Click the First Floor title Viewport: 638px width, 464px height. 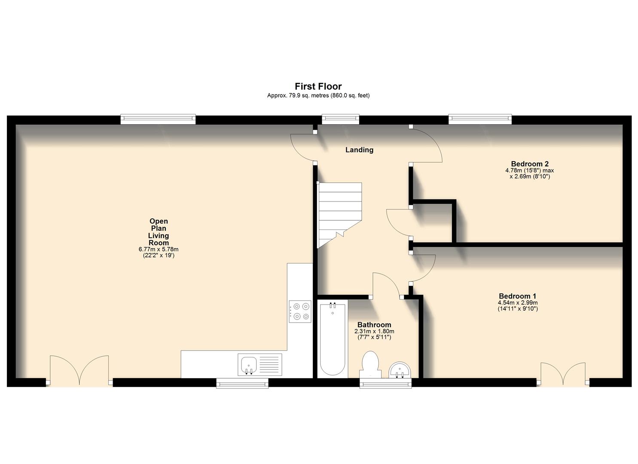click(318, 86)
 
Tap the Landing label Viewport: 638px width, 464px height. click(359, 150)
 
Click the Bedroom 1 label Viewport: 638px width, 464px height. click(517, 296)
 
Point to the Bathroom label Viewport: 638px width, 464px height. click(374, 325)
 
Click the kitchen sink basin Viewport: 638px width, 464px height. click(248, 365)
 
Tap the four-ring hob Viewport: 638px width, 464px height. click(300, 311)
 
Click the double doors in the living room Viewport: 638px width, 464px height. click(79, 370)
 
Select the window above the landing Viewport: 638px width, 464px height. click(340, 119)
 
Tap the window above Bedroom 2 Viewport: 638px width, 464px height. click(480, 119)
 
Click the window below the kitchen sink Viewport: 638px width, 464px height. click(242, 383)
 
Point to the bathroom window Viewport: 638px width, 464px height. click(385, 383)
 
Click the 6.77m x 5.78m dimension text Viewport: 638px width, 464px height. click(158, 249)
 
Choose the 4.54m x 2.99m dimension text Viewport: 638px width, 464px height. click(517, 302)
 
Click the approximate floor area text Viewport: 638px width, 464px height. click(318, 96)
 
